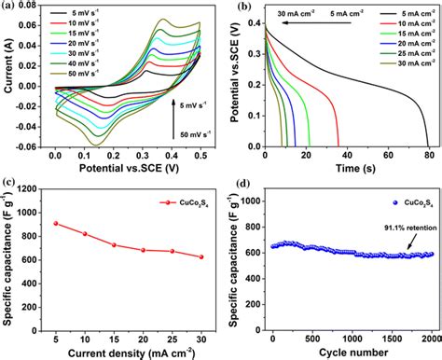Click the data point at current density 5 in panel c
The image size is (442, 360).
pos(56,223)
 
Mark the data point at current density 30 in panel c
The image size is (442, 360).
pos(200,256)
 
